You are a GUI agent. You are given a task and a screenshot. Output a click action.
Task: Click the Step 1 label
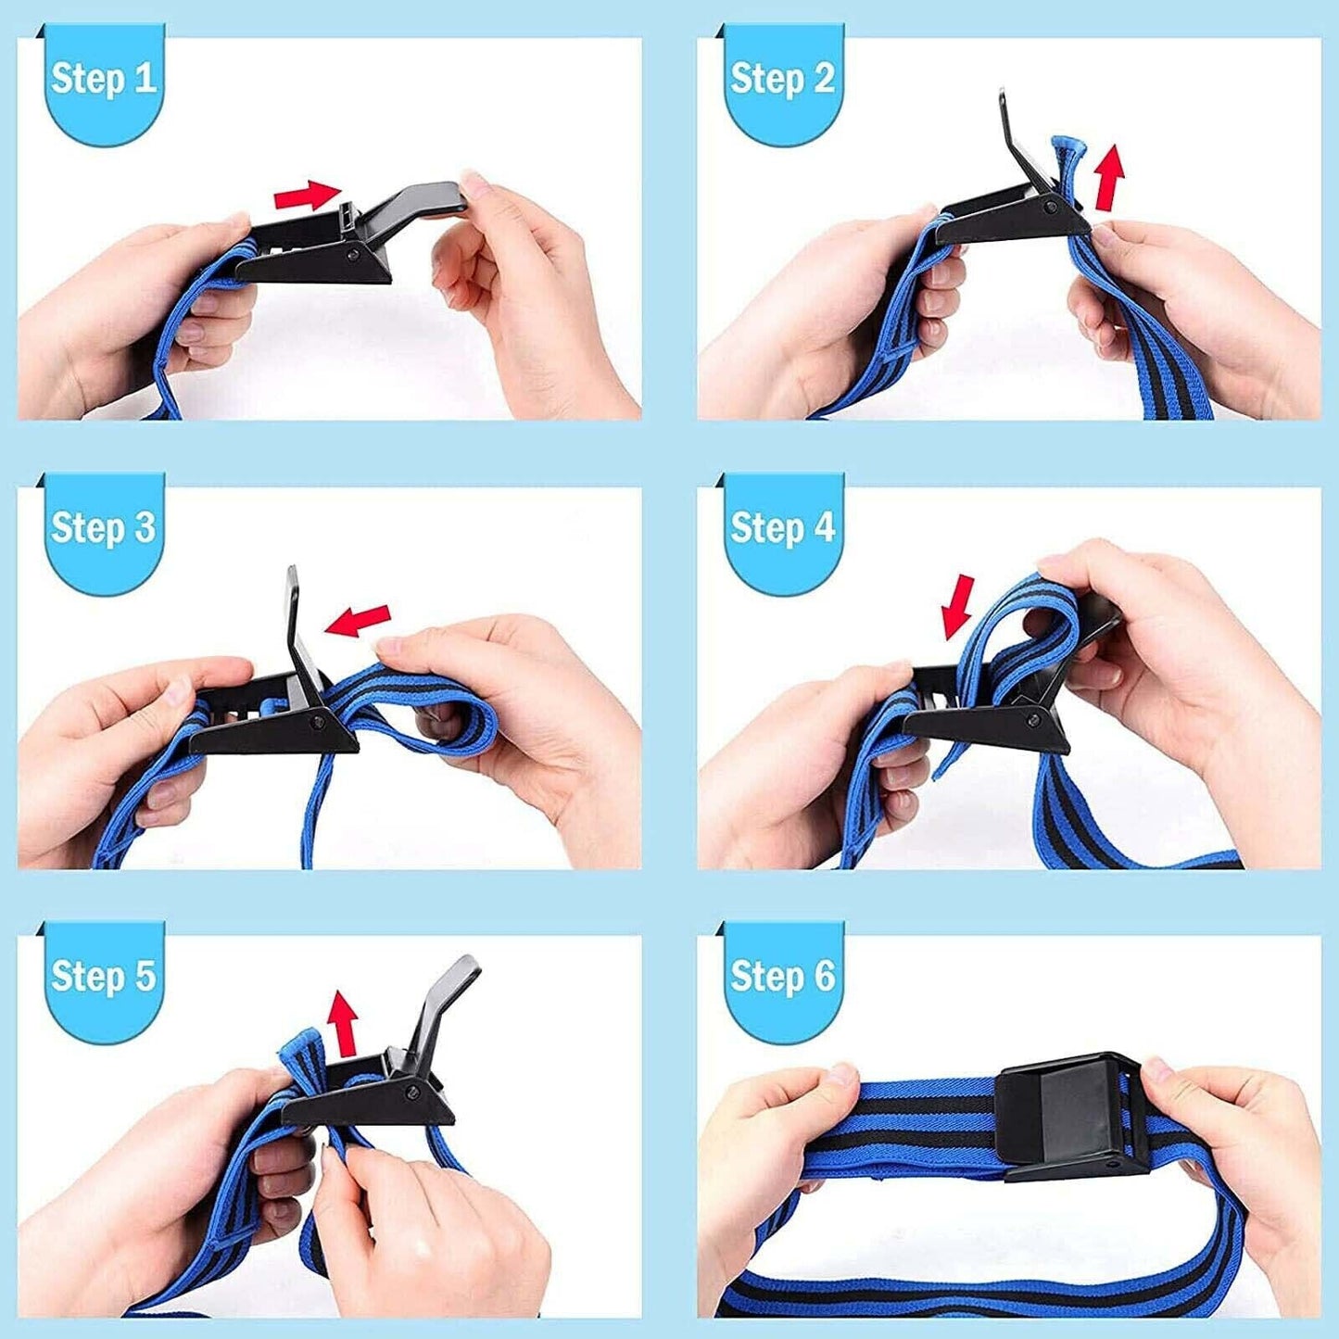103,80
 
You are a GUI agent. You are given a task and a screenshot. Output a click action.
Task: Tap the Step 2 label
782,80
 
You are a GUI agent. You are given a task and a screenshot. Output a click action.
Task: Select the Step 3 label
103,528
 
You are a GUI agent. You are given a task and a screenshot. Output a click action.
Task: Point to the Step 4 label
782,528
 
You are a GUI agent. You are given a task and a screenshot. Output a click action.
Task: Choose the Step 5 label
103,977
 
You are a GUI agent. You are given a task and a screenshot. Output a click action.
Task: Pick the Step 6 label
782,977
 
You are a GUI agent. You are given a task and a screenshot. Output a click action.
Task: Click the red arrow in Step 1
308,196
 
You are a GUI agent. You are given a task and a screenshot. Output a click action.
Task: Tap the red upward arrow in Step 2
1109,176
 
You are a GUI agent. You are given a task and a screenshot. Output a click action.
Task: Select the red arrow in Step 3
358,620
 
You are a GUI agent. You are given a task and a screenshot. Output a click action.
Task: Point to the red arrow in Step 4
959,607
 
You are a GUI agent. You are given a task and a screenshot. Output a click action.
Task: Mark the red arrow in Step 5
344,1022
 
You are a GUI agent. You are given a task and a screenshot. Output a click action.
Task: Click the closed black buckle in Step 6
1075,1115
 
